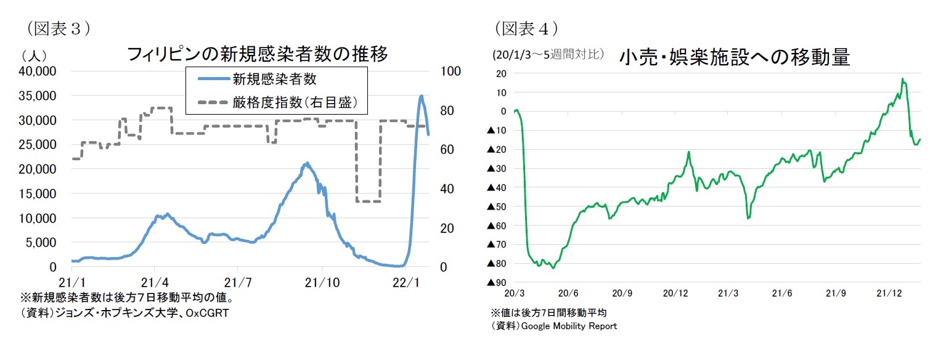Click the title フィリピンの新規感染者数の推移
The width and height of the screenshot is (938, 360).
pos(257,55)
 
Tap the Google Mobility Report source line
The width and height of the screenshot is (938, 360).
pos(553,325)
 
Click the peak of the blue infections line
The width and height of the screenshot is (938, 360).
pos(421,96)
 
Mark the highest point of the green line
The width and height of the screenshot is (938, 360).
pos(902,79)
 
